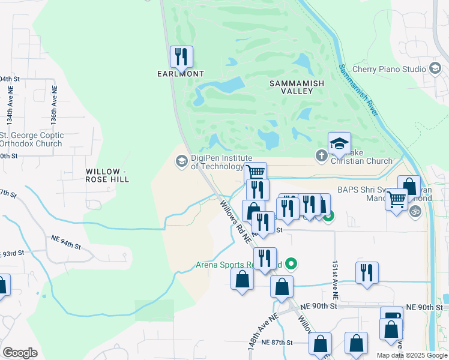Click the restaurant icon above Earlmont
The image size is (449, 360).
coord(181,58)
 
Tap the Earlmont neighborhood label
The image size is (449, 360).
coord(181,74)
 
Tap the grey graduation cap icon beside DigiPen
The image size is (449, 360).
coord(181,161)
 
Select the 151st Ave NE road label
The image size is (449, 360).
coord(336,280)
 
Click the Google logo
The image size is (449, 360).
coord(20,353)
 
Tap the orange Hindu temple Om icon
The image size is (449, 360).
coord(414,211)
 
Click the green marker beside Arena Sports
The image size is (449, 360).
coord(292,263)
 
